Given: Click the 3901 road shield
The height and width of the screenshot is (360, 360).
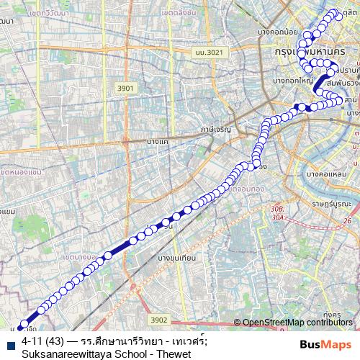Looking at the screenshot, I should [126, 87].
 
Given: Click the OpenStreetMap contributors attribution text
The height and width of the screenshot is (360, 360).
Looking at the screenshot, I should [297, 322].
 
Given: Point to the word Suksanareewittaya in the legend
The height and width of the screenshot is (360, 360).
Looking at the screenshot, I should [62, 354].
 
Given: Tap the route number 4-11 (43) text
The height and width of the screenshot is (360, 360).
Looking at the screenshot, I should [39, 340].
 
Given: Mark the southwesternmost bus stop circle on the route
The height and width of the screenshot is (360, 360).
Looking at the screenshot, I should [24, 324].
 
